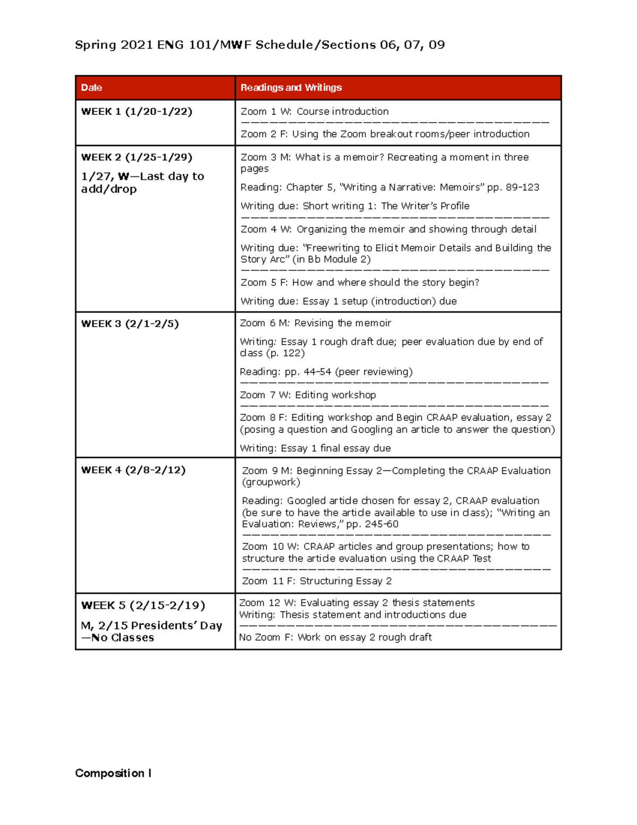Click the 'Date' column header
coord(92,88)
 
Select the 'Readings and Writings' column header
coord(291,88)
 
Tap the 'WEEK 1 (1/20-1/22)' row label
coord(136,112)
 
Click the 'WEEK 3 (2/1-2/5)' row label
coord(130,324)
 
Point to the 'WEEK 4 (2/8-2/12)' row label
coord(133,470)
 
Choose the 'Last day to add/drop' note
coord(142,183)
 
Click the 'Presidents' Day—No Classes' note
coord(151,631)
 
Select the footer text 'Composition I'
coord(113,773)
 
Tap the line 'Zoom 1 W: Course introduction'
coord(314,112)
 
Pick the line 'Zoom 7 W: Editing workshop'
coord(308,395)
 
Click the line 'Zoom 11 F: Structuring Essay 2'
coord(317,581)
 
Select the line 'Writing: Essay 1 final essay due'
coord(315,448)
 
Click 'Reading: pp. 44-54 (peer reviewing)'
coord(326,372)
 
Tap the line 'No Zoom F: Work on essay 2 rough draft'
coord(335,637)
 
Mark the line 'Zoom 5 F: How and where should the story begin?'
coord(360,282)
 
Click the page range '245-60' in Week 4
coord(382,524)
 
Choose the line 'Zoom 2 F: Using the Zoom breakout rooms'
coord(385,134)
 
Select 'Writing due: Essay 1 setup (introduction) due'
coord(348,301)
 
